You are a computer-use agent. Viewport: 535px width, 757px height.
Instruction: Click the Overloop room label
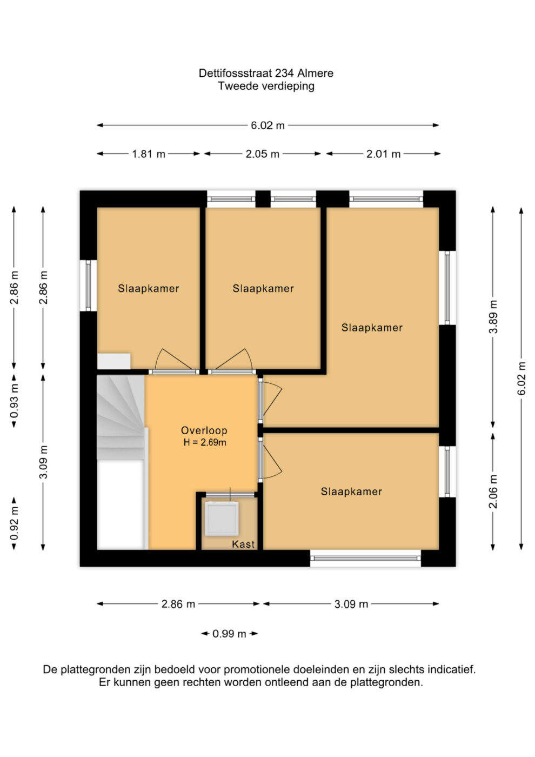tap(204, 430)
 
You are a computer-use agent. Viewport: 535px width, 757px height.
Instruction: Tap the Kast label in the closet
tap(243, 544)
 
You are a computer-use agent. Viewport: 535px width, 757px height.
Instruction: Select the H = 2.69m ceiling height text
tap(205, 442)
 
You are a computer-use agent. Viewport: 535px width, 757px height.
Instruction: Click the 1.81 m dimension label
tap(148, 154)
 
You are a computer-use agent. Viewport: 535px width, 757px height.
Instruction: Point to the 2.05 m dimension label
tap(263, 154)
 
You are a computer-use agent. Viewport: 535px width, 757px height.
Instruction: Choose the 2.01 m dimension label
tap(383, 154)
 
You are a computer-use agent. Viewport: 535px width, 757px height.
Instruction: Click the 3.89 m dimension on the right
tap(493, 317)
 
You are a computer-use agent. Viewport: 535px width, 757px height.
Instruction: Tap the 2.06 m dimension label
tap(493, 492)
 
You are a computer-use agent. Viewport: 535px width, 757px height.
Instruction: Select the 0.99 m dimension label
tap(229, 634)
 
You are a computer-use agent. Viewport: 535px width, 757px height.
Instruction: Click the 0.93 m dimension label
tap(14, 401)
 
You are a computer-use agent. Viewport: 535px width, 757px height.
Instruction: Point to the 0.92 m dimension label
tap(14, 524)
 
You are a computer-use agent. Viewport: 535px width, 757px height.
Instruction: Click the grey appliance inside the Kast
tap(222, 519)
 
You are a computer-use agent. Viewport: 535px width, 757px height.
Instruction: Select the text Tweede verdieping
tap(266, 86)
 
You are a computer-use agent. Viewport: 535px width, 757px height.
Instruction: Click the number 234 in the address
tap(284, 74)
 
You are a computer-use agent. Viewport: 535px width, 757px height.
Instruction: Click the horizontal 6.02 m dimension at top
tap(267, 125)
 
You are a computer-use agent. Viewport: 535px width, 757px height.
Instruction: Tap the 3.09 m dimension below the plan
tap(351, 604)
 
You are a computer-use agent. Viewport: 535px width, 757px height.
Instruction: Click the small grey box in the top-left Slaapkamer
tap(114, 361)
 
